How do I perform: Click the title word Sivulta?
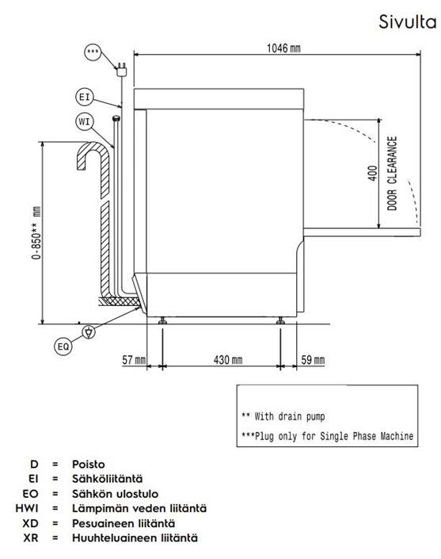tap(407, 21)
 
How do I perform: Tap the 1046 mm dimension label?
tap(283, 48)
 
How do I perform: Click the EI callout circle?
tap(85, 97)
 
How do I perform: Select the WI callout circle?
tap(85, 122)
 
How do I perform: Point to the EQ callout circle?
tap(63, 347)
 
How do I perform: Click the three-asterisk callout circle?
tap(93, 52)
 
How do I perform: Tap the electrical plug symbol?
tap(121, 69)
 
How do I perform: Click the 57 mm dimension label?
tap(134, 360)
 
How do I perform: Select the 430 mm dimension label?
tap(228, 360)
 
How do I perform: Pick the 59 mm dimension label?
tap(313, 360)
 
